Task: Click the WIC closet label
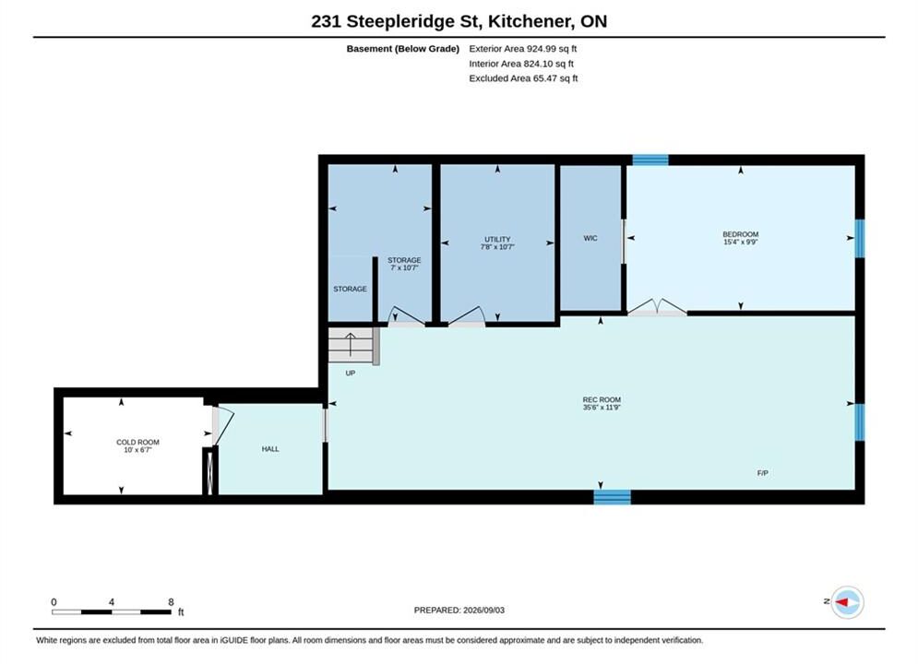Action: coord(590,238)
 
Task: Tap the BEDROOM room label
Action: coord(741,234)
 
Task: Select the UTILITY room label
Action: coord(497,239)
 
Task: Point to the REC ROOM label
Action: coord(602,399)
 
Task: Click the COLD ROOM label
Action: coord(137,443)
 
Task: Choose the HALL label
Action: coord(270,449)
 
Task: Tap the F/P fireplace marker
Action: coord(762,473)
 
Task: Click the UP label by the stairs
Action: coord(350,373)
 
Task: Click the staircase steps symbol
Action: coord(351,345)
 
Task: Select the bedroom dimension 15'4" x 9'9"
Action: coord(741,242)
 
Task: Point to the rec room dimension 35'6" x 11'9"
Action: coord(602,408)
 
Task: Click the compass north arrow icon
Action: coord(847,602)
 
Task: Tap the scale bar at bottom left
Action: coord(112,612)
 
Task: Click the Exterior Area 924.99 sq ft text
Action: coord(523,49)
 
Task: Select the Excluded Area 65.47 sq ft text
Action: coord(523,77)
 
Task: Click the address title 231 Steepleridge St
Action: coord(396,21)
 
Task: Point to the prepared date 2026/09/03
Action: coord(483,610)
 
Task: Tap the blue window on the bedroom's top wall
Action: coord(650,160)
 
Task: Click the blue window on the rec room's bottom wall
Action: coord(613,497)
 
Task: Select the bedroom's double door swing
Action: coord(658,308)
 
